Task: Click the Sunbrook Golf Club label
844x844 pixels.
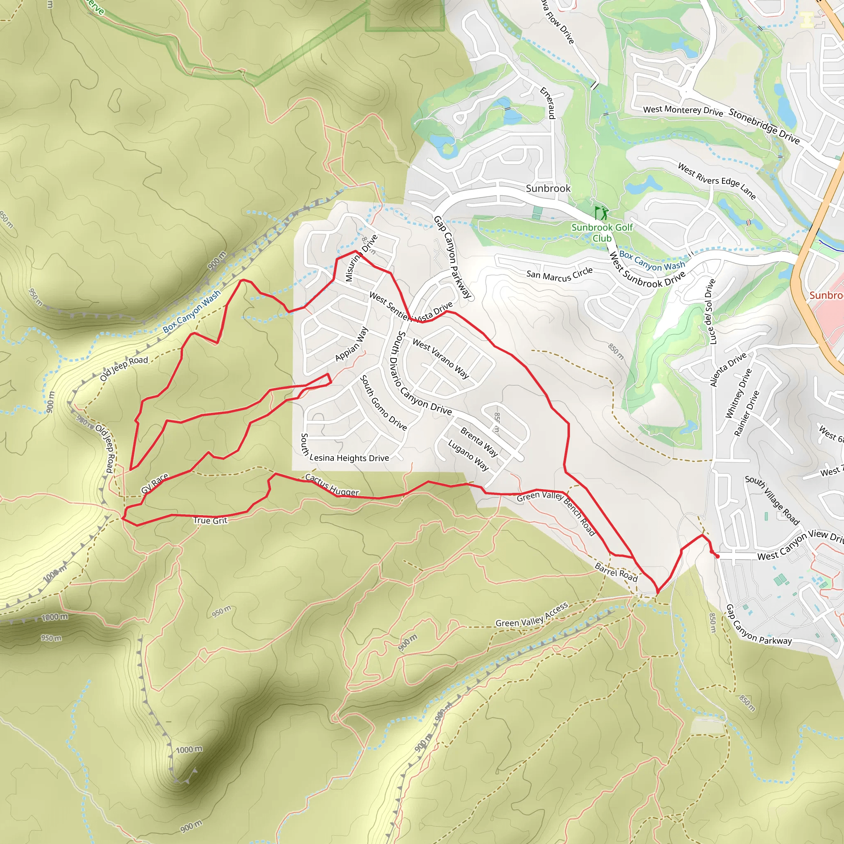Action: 602,232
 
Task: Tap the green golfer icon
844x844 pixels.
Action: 602,213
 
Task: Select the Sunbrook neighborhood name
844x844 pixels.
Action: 548,188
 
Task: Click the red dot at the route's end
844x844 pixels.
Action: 717,556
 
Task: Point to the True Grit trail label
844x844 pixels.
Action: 210,520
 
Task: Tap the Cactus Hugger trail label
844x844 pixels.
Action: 332,485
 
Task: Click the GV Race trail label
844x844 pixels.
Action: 155,483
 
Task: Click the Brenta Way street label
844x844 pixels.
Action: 479,442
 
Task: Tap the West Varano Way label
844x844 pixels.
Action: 441,359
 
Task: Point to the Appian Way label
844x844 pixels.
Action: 352,344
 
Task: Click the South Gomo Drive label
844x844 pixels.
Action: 383,402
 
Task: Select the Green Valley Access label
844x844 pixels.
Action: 532,614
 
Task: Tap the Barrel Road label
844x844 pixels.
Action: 616,572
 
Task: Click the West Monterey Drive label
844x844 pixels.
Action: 683,110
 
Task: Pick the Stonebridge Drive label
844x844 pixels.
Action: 764,127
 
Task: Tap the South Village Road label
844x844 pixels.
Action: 772,500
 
